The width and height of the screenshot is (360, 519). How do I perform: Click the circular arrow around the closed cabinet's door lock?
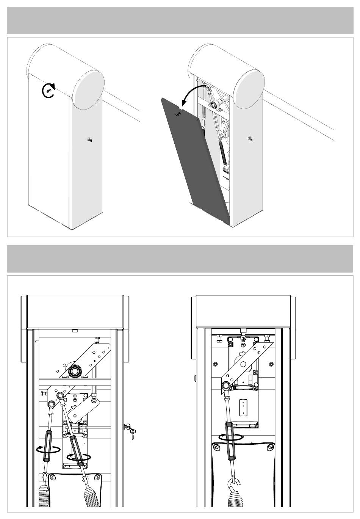pyautogui.click(x=49, y=91)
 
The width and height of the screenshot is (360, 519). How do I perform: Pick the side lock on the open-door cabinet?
pyautogui.click(x=250, y=138)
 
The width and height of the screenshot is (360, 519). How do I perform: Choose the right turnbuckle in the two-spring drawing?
pyautogui.click(x=77, y=450)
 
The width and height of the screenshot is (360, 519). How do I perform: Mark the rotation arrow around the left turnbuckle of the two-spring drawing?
pyautogui.click(x=49, y=450)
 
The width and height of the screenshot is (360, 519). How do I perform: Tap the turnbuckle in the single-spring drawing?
pyautogui.click(x=230, y=441)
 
